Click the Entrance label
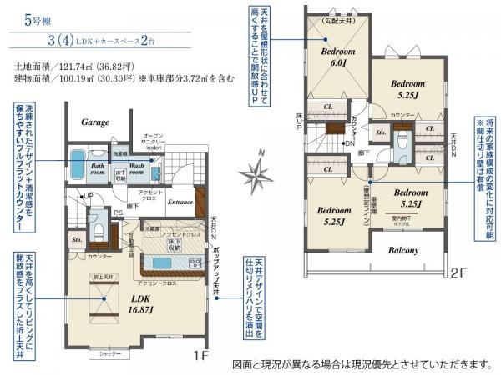click(x=180, y=202)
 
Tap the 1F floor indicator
click(x=201, y=355)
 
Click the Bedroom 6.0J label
click(x=339, y=56)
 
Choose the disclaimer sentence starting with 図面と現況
click(x=362, y=365)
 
